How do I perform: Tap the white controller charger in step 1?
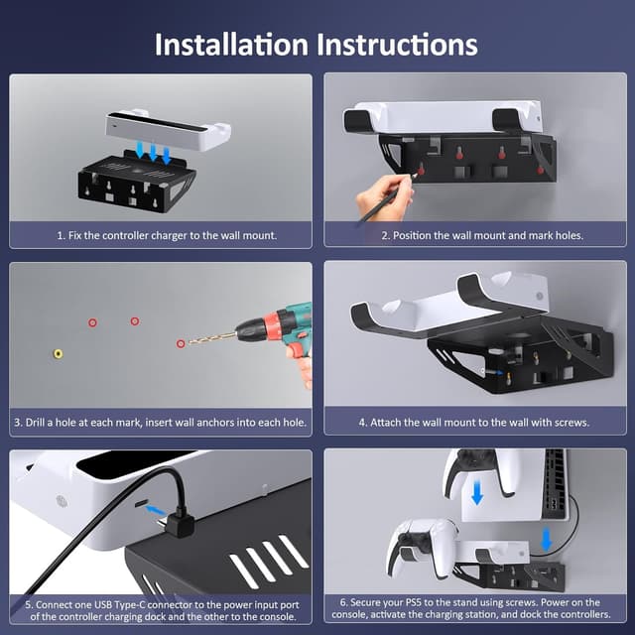167,130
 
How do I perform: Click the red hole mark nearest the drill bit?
180,343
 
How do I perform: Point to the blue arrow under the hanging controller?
477,493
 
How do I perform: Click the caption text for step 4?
474,422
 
